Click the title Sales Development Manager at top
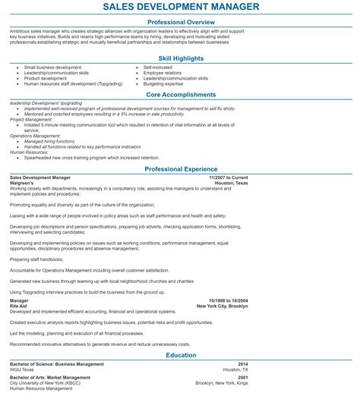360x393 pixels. pyautogui.click(x=181, y=7)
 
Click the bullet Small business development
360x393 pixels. pyautogui.click(x=48, y=67)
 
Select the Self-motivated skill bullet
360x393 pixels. pyautogui.click(x=159, y=67)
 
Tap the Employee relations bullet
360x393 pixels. pyautogui.click(x=163, y=72)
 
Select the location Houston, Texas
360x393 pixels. pyautogui.click(x=231, y=183)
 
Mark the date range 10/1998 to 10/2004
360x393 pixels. pyautogui.click(x=228, y=300)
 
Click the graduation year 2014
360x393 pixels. pyautogui.click(x=242, y=364)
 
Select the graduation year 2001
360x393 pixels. pyautogui.click(x=242, y=377)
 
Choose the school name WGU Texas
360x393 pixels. pyautogui.click(x=22, y=369)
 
